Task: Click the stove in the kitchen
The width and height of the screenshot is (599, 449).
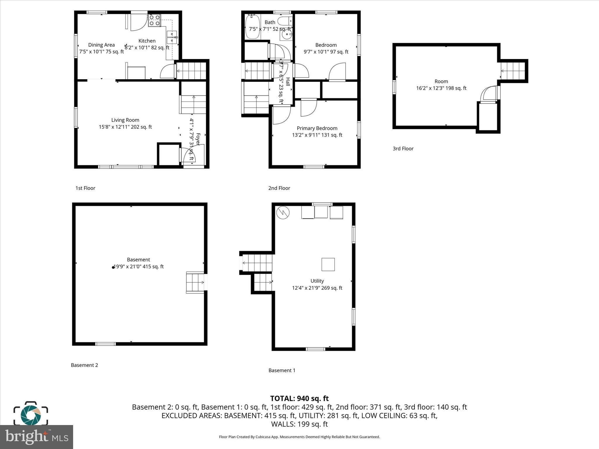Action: point(154,20)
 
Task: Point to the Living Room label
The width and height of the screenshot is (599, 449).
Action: point(125,120)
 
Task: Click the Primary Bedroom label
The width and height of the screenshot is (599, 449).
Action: point(317,128)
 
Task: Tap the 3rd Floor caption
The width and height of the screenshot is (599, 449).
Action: point(403,148)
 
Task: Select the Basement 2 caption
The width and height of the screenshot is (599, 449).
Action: point(85,365)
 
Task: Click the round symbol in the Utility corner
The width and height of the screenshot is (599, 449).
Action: point(283,213)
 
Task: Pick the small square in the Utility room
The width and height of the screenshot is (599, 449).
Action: point(328,265)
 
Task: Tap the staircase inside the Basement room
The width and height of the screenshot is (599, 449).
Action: point(195,282)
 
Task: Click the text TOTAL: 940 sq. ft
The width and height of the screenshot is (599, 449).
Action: point(299,398)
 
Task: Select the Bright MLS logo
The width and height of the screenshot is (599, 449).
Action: point(37,437)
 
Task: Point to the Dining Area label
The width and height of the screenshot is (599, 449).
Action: point(101,45)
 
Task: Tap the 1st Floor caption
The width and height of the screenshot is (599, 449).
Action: point(85,188)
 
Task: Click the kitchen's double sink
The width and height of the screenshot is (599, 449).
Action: point(172,37)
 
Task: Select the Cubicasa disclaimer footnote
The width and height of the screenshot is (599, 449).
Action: point(299,437)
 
